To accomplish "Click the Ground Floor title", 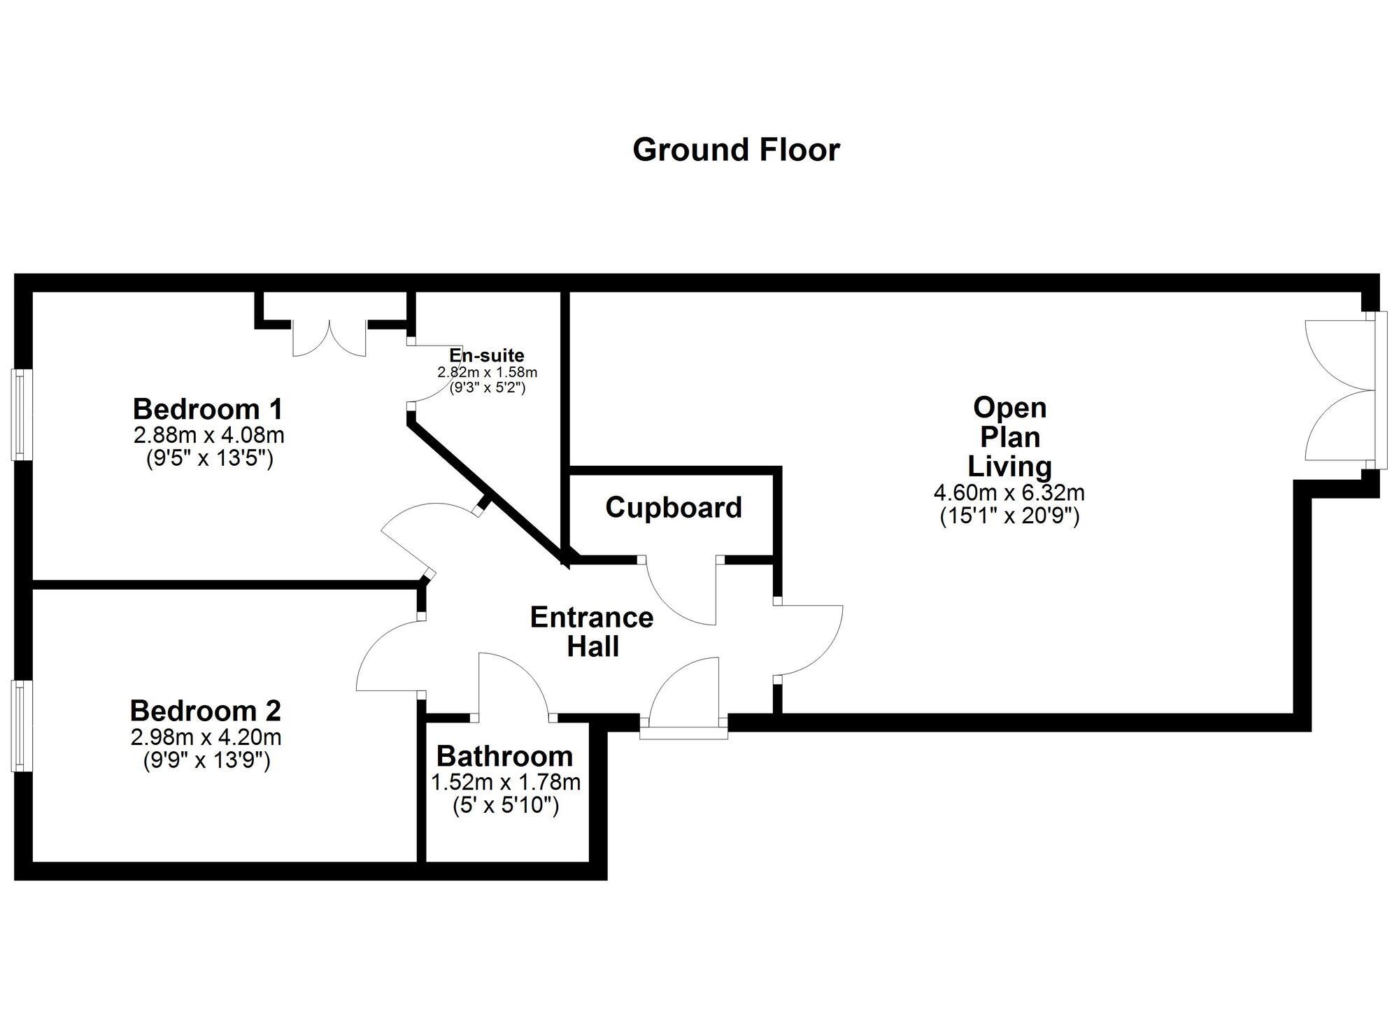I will (736, 150).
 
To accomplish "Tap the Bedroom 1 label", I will (208, 408).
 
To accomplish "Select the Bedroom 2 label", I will (205, 711).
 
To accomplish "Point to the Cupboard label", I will (673, 507).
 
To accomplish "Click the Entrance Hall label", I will (592, 632).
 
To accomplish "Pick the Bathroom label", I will (504, 756).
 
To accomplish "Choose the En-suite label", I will (486, 355).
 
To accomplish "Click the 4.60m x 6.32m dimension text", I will (1009, 492).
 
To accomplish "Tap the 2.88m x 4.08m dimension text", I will (208, 435).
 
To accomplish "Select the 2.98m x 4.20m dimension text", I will (206, 737).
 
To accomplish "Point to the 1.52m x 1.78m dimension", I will (506, 781).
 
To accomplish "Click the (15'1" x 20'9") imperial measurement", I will (1009, 516).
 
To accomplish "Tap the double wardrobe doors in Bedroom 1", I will (329, 339).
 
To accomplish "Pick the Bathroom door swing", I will (515, 685).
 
